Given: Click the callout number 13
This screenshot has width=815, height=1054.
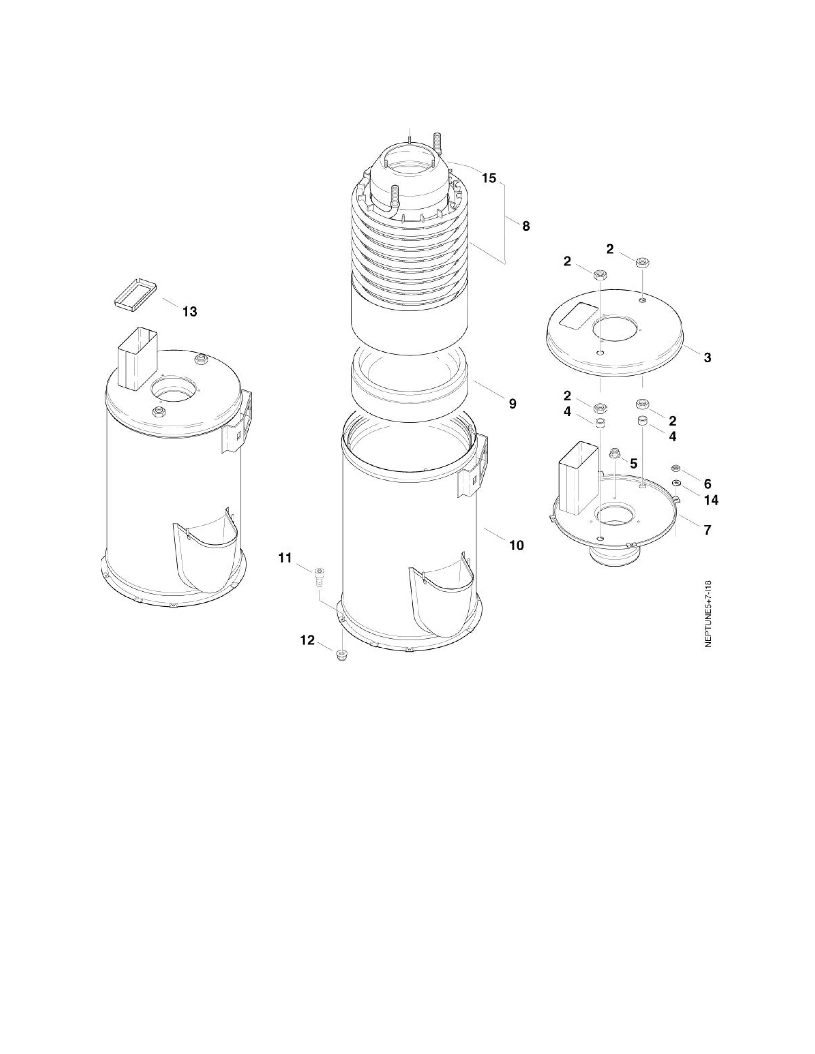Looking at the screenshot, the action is click(x=190, y=312).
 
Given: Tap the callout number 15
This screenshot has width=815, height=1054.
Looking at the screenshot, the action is click(x=489, y=178).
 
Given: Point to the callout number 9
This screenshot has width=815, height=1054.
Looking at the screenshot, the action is click(x=512, y=403).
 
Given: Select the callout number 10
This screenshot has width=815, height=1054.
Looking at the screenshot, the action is click(x=516, y=545).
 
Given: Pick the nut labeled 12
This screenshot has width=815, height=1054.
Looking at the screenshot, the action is click(x=341, y=654).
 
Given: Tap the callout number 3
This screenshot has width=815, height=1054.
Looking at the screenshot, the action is click(x=707, y=358).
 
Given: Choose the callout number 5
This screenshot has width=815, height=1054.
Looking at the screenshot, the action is click(x=633, y=463).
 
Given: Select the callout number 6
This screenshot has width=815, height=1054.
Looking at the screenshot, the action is click(x=707, y=484).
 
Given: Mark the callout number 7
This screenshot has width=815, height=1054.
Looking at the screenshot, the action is click(x=707, y=530).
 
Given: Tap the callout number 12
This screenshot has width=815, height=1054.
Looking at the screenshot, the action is click(x=307, y=640).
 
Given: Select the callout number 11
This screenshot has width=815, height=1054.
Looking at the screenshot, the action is click(x=285, y=558).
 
